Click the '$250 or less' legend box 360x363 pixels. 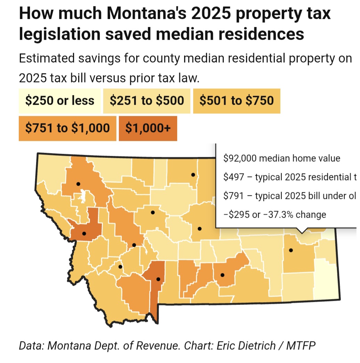(x=59, y=101)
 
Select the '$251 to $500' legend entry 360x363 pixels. (x=147, y=101)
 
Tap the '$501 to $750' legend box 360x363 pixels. (x=236, y=101)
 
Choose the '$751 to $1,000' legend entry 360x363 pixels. (x=67, y=128)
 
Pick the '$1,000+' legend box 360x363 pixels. (x=148, y=128)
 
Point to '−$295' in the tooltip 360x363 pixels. (x=238, y=215)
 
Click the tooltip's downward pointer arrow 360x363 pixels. (x=302, y=231)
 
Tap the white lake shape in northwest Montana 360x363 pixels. (x=82, y=196)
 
